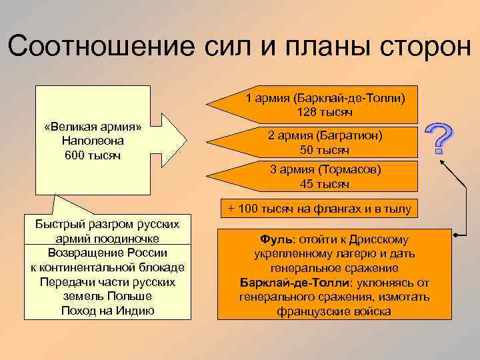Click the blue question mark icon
pos(441,139)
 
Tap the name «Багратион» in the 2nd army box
pos(351,135)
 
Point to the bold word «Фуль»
pos(273,239)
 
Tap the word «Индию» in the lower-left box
pos(137,310)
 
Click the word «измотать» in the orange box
pos(405,297)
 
